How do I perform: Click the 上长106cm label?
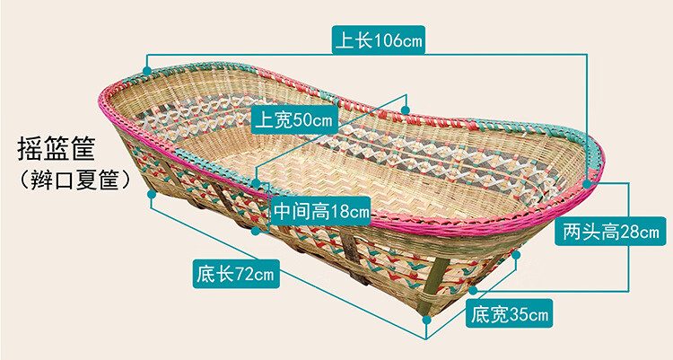(x=379, y=40)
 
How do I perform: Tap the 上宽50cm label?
(x=294, y=120)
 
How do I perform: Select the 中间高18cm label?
(x=321, y=211)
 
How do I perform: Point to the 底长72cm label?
(x=236, y=274)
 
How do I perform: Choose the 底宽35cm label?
(x=509, y=314)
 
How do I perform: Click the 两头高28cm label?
(x=610, y=232)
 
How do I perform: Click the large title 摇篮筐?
(x=56, y=148)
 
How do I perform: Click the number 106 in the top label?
(x=389, y=40)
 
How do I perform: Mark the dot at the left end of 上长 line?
(x=147, y=70)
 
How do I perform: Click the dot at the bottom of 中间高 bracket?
(x=256, y=231)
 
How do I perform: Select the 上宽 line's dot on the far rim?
(x=406, y=110)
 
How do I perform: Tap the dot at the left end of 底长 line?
(x=151, y=194)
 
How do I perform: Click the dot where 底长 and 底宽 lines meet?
(x=426, y=320)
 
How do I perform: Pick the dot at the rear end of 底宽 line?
(x=516, y=255)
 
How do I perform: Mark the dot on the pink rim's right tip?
(x=587, y=183)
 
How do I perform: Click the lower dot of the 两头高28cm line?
(x=473, y=290)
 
